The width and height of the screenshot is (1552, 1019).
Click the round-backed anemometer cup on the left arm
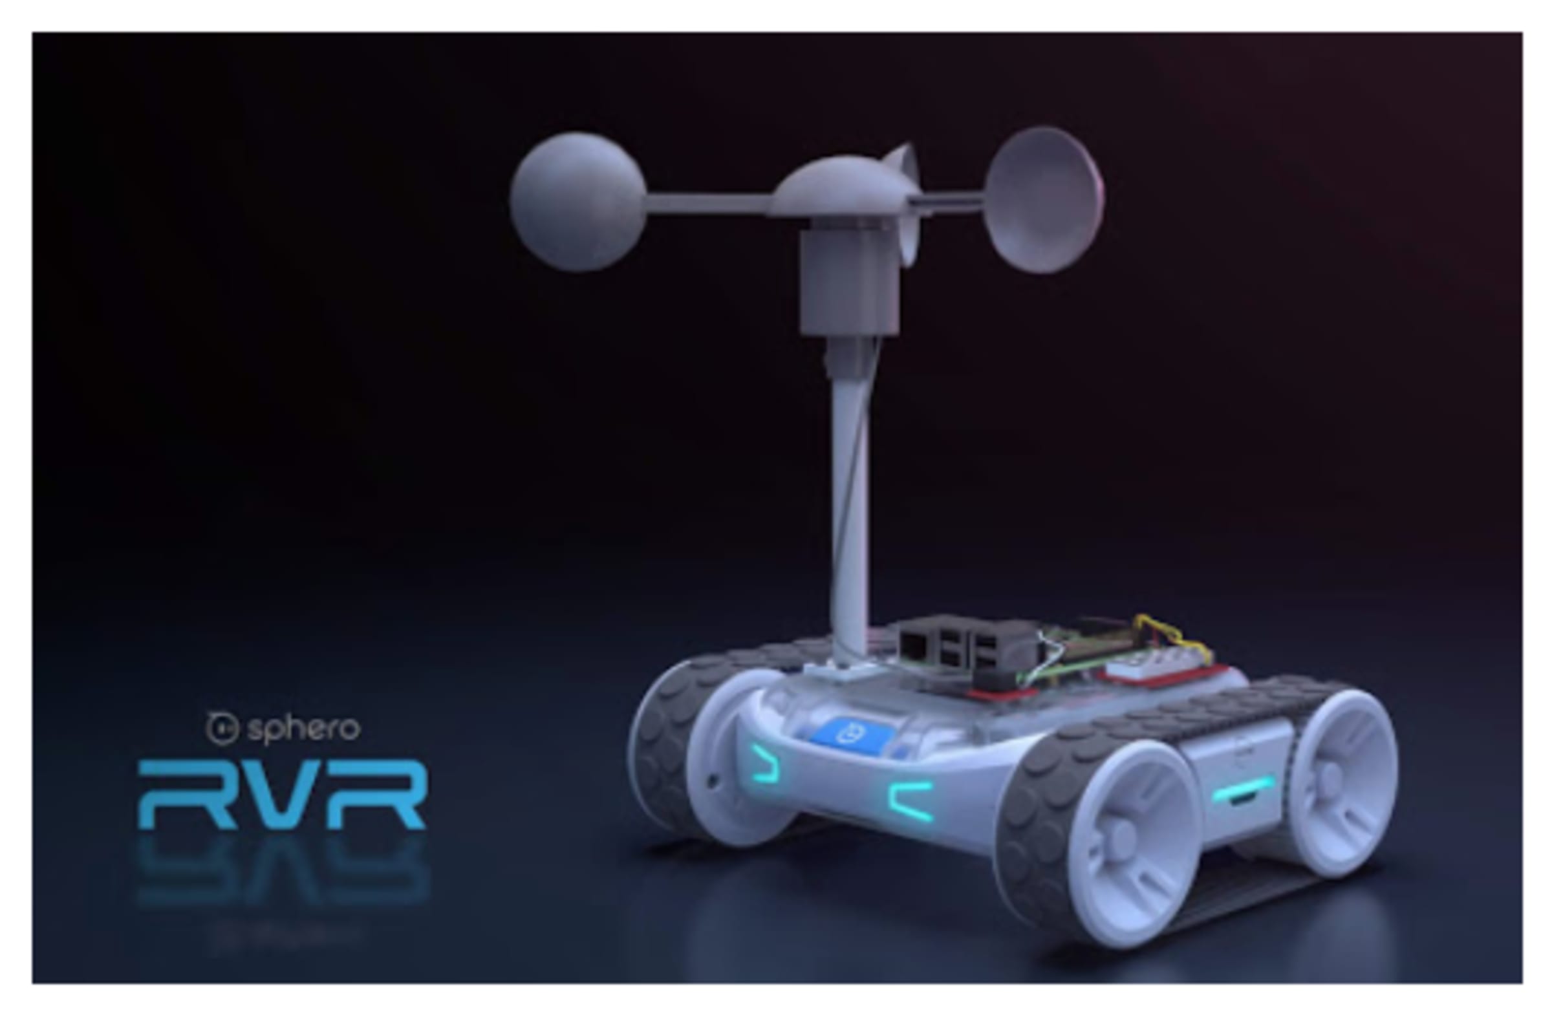click(x=577, y=202)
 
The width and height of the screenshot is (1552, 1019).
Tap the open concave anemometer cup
click(x=1043, y=200)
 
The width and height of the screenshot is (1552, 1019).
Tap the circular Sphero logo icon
click(x=222, y=728)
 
